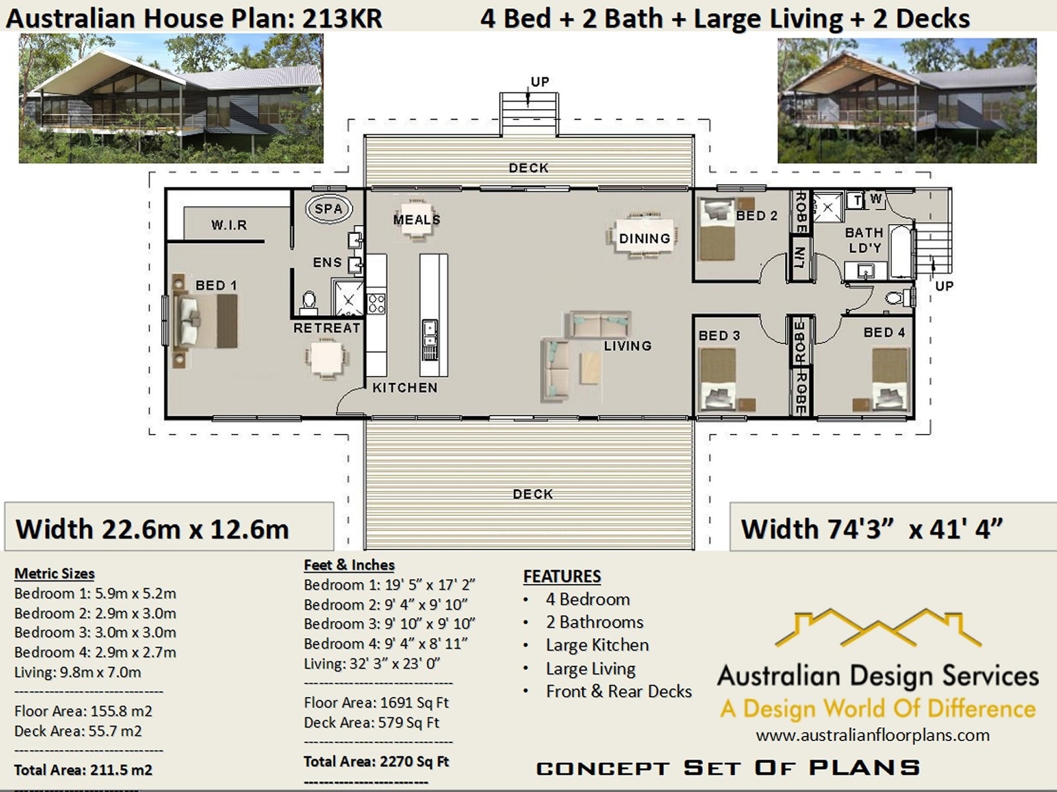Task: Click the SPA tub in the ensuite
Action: [329, 209]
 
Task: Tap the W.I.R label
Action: [229, 225]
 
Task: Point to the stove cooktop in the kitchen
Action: [377, 303]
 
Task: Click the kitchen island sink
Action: [429, 334]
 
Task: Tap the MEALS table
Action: [416, 219]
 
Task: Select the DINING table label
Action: [644, 238]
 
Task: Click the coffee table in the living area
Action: [591, 367]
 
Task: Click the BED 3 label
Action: [719, 336]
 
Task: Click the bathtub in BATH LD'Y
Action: [901, 252]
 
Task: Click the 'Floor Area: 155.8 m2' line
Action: [83, 711]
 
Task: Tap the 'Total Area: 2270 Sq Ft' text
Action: [376, 762]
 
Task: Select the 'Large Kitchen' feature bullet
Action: [597, 645]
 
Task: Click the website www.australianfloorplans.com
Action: [873, 735]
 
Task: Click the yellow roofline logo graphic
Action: [878, 628]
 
